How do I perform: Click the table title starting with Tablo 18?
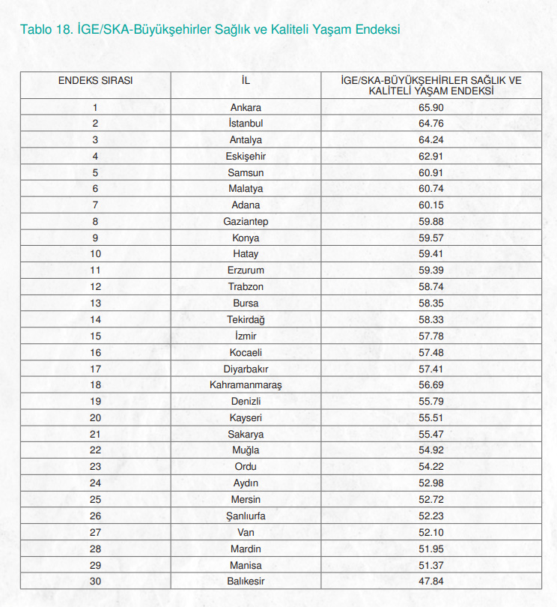tap(210, 30)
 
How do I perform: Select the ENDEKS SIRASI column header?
tap(95, 79)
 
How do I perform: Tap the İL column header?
tap(246, 79)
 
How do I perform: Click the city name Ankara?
tap(246, 107)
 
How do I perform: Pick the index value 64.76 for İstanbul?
tap(431, 124)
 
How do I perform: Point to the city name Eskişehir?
tap(246, 156)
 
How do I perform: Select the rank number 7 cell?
tap(95, 205)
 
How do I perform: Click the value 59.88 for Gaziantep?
tap(431, 222)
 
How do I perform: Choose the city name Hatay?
tap(246, 254)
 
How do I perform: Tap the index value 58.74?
tap(431, 287)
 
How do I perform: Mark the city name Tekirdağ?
tap(246, 320)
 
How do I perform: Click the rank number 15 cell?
tap(95, 336)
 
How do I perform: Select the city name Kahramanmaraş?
tap(246, 385)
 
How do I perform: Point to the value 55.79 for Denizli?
tap(431, 402)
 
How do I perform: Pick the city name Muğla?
tap(246, 450)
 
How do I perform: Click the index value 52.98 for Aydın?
tap(431, 483)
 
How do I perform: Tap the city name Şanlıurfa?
tap(246, 516)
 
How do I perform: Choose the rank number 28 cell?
tap(95, 549)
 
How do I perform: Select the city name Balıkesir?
tap(246, 582)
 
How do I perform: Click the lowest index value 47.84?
tap(431, 582)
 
